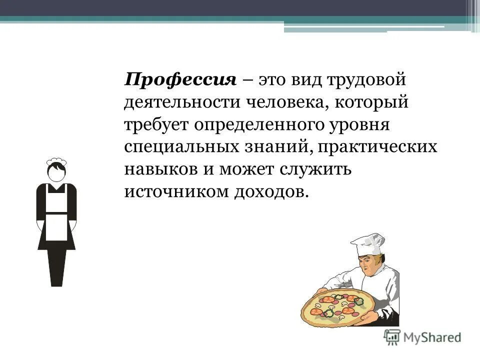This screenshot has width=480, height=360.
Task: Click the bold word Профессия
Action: coord(180,80)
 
